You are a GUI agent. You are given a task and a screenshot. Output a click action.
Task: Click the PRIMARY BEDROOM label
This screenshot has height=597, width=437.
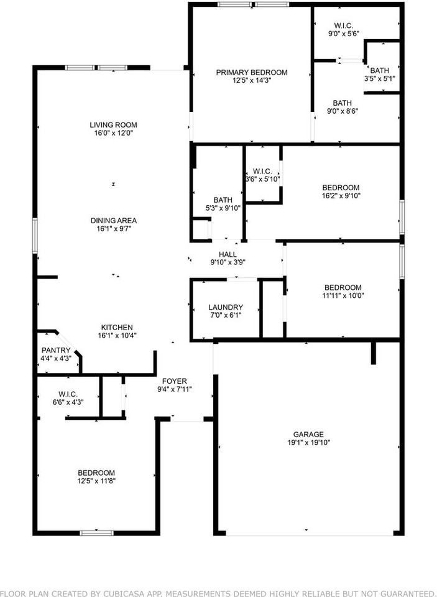(252, 73)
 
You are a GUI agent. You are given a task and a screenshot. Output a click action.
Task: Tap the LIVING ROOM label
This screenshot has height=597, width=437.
(113, 125)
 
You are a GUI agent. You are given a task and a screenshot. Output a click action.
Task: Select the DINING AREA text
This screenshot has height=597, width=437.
(113, 221)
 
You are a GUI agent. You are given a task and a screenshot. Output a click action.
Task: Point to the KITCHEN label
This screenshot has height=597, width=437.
(117, 328)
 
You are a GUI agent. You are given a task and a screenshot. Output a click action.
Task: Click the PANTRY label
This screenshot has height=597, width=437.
(56, 350)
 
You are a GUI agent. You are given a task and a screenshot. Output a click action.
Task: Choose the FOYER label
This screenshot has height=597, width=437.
(175, 381)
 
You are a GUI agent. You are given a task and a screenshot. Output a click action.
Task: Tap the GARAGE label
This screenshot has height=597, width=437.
(309, 435)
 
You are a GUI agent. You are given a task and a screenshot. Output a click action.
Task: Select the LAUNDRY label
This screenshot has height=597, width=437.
(226, 307)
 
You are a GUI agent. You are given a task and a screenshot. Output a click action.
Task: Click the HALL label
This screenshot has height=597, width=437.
(228, 254)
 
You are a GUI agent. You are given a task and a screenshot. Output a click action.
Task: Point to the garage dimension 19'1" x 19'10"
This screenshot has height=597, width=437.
(309, 443)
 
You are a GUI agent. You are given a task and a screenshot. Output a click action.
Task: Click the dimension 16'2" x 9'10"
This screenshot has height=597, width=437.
(341, 196)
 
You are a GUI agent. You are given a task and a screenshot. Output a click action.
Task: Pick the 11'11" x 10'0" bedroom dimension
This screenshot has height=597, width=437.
(343, 295)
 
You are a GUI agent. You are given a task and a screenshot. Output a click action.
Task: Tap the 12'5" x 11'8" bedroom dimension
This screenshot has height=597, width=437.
(96, 481)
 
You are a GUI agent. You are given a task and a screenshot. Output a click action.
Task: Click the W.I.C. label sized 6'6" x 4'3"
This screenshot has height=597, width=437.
(67, 394)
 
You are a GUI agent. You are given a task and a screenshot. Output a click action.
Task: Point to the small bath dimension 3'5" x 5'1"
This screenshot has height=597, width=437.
(379, 78)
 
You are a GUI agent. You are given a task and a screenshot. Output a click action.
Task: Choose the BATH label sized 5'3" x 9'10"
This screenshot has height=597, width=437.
(223, 200)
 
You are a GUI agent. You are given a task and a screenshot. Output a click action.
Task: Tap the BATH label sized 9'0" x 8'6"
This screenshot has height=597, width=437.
(342, 103)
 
